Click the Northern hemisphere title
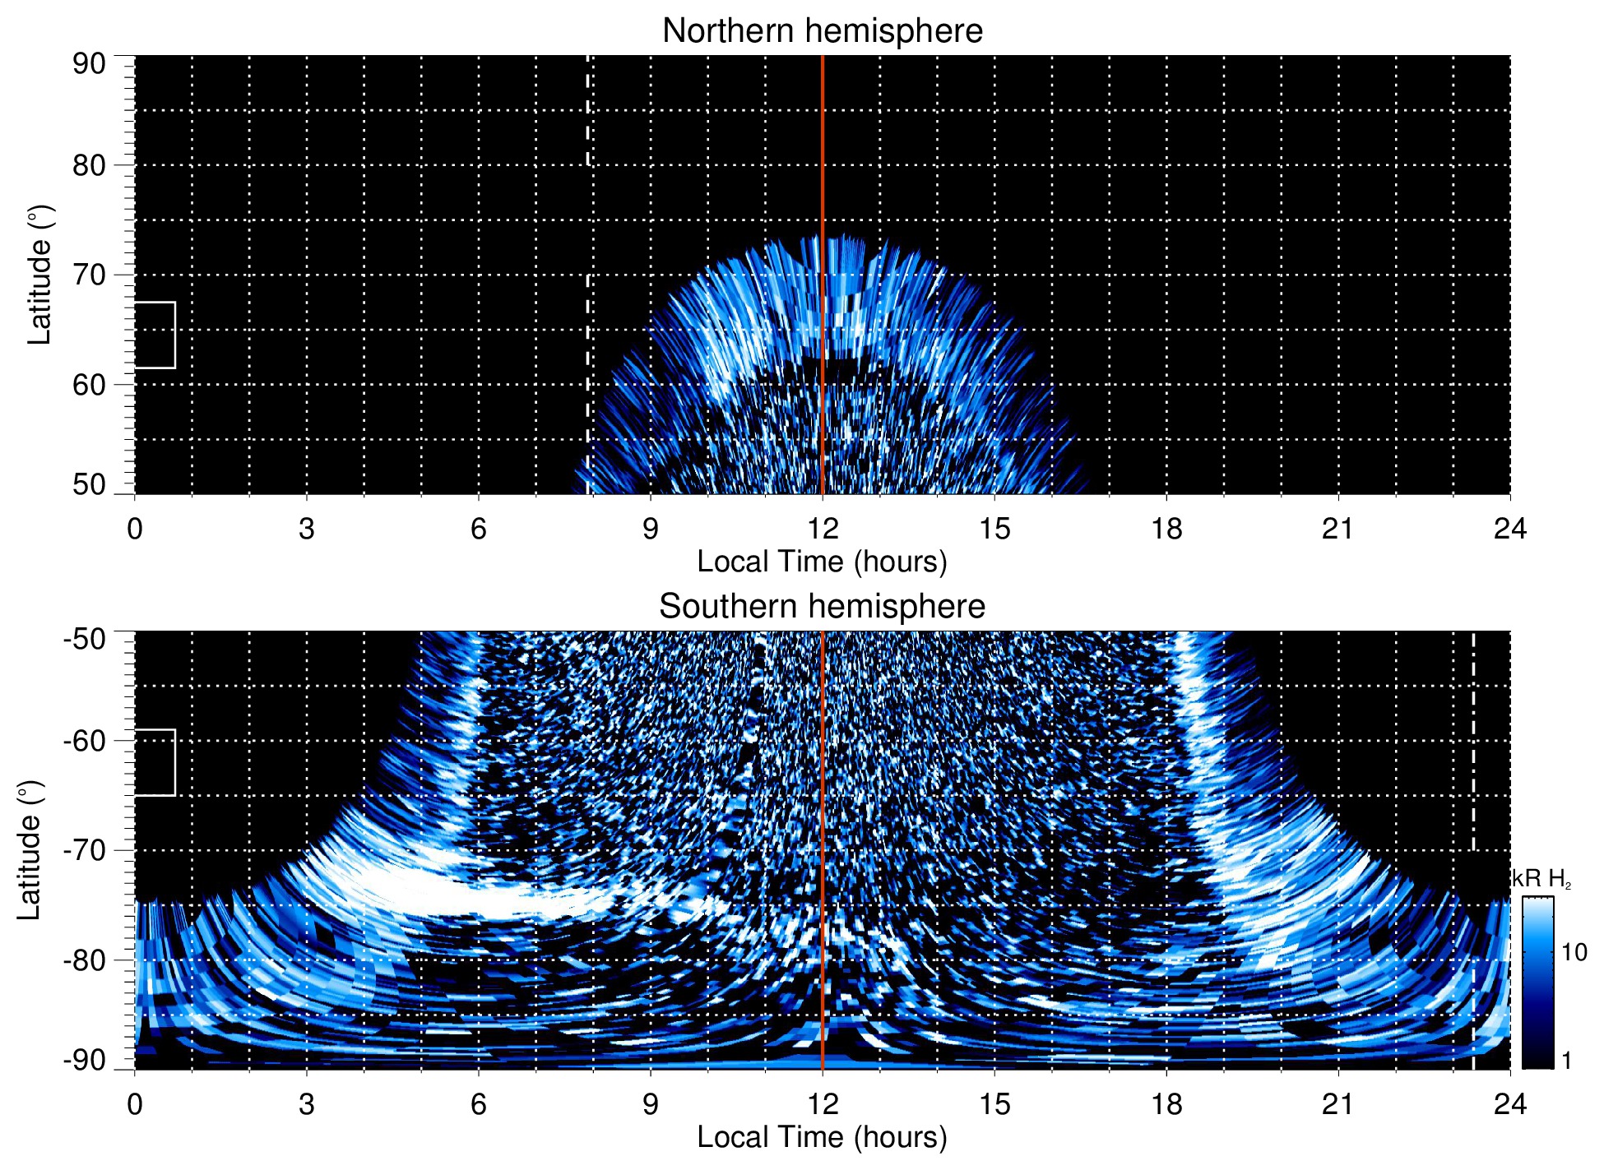[x=822, y=31]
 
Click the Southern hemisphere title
[x=822, y=607]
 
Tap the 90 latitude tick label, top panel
[x=89, y=64]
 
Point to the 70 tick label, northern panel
[x=89, y=275]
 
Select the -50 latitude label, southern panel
[x=84, y=639]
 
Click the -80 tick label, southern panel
[x=84, y=960]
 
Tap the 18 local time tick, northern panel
[x=1166, y=529]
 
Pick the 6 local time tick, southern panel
[x=478, y=1104]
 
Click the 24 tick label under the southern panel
[x=1509, y=1104]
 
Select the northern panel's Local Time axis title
[x=822, y=562]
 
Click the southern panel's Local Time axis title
[x=822, y=1138]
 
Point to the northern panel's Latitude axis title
[x=39, y=275]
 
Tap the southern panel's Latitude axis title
[x=30, y=850]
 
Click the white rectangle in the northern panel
[x=155, y=335]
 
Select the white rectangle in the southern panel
[x=155, y=762]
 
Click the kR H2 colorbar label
[x=1541, y=880]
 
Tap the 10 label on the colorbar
[x=1574, y=953]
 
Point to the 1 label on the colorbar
[x=1566, y=1061]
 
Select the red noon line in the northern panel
[x=823, y=164]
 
